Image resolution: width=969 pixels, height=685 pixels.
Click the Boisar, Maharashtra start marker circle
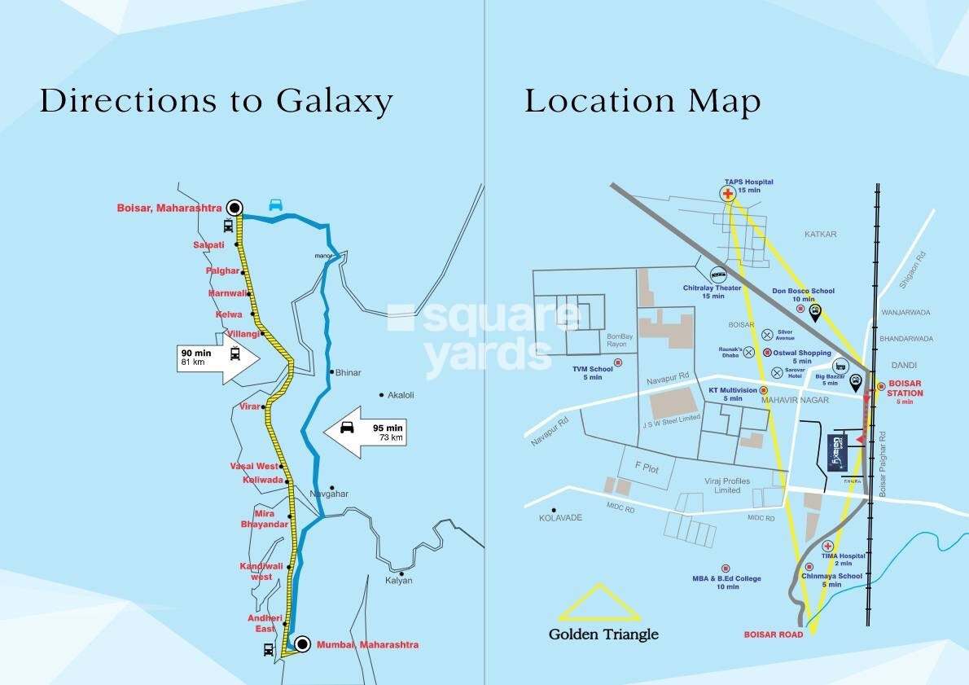click(x=236, y=207)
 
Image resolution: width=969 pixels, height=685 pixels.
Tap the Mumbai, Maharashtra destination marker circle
click(x=302, y=644)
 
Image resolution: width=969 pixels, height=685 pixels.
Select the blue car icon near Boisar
click(x=276, y=205)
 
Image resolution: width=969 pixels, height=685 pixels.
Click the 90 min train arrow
click(x=217, y=358)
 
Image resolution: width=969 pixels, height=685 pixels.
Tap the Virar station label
click(x=250, y=406)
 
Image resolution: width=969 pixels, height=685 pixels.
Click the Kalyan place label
click(x=399, y=581)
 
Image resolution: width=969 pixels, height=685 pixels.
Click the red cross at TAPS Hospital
click(x=727, y=194)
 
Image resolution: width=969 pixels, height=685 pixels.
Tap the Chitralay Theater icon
click(x=718, y=275)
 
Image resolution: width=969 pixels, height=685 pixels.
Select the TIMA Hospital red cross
click(x=827, y=546)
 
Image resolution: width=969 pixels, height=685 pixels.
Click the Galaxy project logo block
click(x=837, y=452)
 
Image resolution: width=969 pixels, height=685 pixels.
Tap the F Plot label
click(x=647, y=468)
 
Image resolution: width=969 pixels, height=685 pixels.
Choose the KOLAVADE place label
click(x=561, y=518)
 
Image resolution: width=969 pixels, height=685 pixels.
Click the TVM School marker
click(x=617, y=362)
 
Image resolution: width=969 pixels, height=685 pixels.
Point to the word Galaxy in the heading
click(x=334, y=102)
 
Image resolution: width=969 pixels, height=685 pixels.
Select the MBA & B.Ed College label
click(x=727, y=582)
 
